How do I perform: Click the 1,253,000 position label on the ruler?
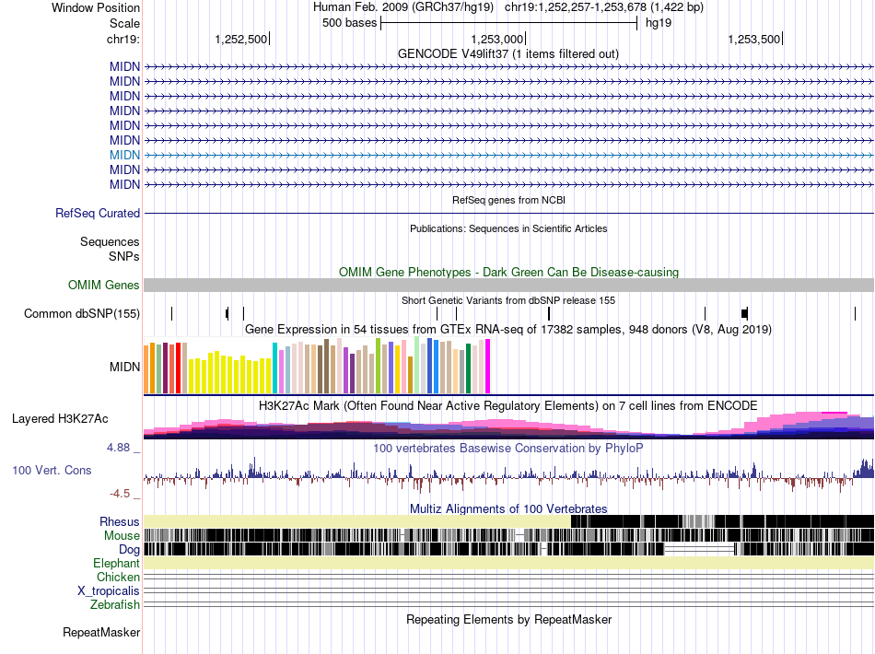pyautogui.click(x=497, y=39)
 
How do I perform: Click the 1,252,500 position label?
pyautogui.click(x=240, y=39)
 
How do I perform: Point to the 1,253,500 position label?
pyautogui.click(x=753, y=39)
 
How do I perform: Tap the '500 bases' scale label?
pyautogui.click(x=349, y=23)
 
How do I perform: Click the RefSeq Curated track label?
pyautogui.click(x=98, y=213)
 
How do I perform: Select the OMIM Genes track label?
pyautogui.click(x=104, y=286)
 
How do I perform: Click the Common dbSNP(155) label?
pyautogui.click(x=82, y=314)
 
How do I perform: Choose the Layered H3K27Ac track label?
pyautogui.click(x=60, y=418)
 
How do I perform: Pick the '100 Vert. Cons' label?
pyautogui.click(x=52, y=471)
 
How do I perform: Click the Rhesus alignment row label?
pyautogui.click(x=120, y=521)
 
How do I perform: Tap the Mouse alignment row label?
pyautogui.click(x=122, y=535)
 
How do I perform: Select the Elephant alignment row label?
pyautogui.click(x=116, y=563)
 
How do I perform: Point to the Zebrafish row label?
pyautogui.click(x=115, y=604)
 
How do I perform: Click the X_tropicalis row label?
pyautogui.click(x=109, y=590)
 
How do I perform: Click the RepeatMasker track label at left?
pyautogui.click(x=101, y=633)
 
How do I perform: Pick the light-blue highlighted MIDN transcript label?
pyautogui.click(x=124, y=155)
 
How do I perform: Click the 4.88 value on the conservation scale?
pyautogui.click(x=121, y=448)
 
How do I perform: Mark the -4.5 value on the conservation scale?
pyautogui.click(x=123, y=493)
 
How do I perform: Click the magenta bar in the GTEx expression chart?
pyautogui.click(x=488, y=367)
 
